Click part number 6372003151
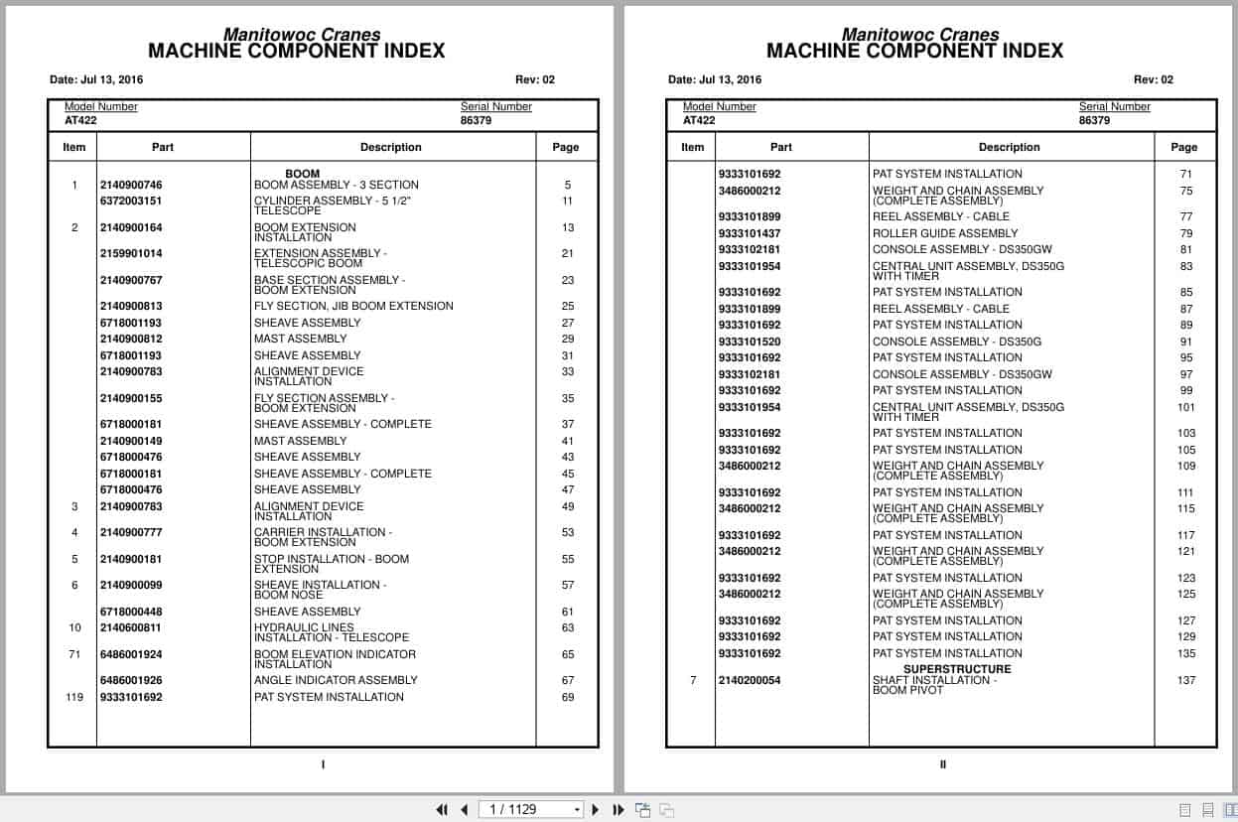[131, 202]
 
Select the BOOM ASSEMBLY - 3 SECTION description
[336, 185]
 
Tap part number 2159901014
[131, 254]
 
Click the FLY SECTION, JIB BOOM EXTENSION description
[353, 307]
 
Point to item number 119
[74, 697]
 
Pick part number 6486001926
[131, 681]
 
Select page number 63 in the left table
[568, 628]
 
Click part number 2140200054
[750, 681]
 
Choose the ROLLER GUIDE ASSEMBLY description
[945, 233]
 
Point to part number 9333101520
[750, 342]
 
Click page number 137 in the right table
[1186, 681]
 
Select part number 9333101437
[750, 233]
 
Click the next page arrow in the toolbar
[596, 810]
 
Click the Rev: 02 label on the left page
[535, 80]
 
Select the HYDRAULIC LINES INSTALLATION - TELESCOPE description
[332, 633]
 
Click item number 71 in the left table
[74, 655]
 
